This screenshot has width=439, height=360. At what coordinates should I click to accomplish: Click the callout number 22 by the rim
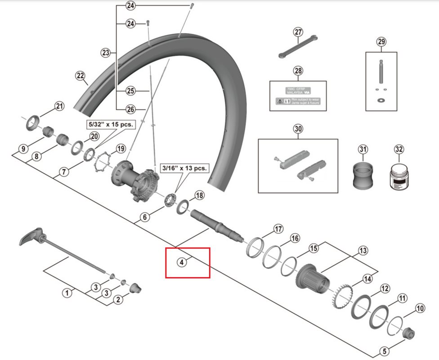(81, 76)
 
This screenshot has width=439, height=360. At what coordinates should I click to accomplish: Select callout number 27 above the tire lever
(299, 32)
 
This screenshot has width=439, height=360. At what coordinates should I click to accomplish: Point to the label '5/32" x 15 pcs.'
(110, 124)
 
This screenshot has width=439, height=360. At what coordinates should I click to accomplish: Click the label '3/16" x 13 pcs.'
(184, 168)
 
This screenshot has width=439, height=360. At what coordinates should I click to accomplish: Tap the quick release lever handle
(31, 236)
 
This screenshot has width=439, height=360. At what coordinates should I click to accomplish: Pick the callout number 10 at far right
(420, 309)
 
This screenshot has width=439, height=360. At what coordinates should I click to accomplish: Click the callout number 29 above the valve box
(381, 42)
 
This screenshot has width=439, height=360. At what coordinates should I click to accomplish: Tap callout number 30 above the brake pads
(298, 129)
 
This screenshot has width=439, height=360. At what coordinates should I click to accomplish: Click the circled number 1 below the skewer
(67, 293)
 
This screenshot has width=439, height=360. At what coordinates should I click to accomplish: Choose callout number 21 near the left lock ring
(59, 107)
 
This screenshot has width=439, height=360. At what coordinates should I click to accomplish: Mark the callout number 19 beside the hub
(120, 149)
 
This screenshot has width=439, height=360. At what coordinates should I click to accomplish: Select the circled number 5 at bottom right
(384, 351)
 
